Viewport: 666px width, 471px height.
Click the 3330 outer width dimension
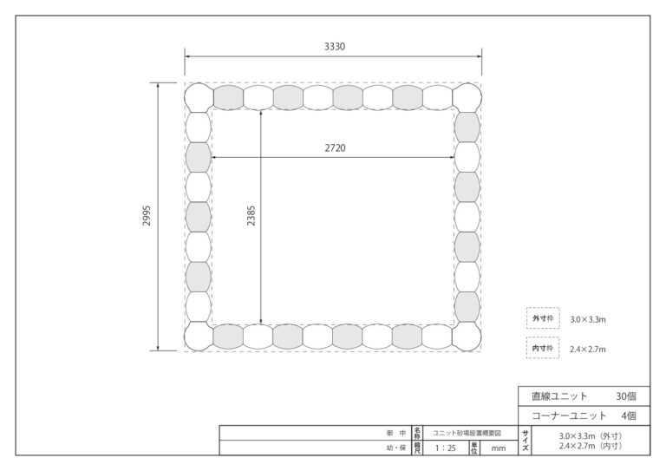tap(335, 47)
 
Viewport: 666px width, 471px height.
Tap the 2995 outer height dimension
tap(147, 216)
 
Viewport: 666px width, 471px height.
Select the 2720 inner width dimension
tap(335, 148)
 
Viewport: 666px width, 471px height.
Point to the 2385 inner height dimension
tap(251, 216)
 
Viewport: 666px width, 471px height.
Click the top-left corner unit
tap(199, 98)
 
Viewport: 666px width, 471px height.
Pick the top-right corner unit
tap(467, 98)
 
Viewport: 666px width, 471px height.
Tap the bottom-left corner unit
tap(199, 337)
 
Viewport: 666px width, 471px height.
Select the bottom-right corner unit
tap(467, 337)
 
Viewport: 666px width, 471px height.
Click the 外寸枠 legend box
tap(543, 318)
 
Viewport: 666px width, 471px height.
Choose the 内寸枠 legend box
tap(543, 348)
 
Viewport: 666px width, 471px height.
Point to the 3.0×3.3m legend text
tap(588, 320)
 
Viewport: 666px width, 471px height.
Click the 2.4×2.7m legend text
tap(588, 350)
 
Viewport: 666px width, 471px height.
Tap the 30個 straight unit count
tap(626, 396)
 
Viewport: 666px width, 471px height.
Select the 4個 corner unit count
tap(629, 415)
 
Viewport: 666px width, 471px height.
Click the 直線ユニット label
tap(559, 396)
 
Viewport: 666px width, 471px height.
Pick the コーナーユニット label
tap(569, 415)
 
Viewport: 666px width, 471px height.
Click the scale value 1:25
tap(445, 448)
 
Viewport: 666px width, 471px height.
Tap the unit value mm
tap(499, 448)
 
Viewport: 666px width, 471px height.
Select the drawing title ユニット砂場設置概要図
tap(467, 433)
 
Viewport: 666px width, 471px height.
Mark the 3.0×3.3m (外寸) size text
tap(591, 436)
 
